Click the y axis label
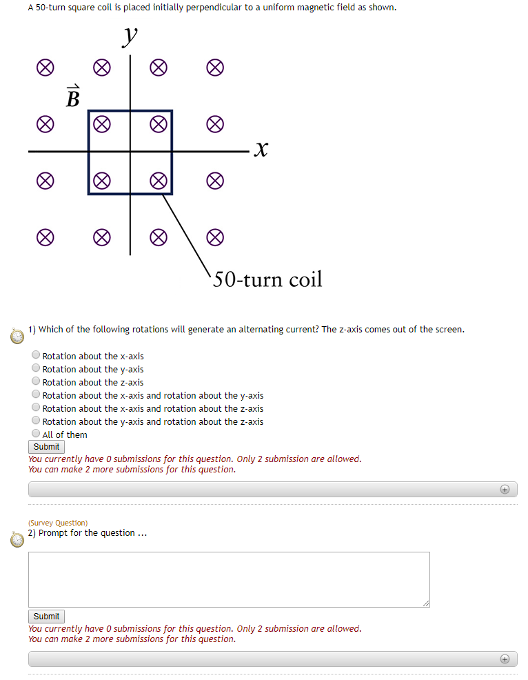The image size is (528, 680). point(129,37)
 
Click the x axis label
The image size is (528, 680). point(261,149)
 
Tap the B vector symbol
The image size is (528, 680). point(72,97)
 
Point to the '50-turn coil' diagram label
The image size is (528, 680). point(267,279)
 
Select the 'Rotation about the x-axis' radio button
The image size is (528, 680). point(36,355)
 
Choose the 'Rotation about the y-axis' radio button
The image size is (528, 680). point(36,368)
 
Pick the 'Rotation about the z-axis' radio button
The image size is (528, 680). point(36,381)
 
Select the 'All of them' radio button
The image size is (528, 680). point(36,434)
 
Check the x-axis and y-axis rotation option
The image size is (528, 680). point(36,394)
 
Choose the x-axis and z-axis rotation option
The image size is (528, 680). point(36,408)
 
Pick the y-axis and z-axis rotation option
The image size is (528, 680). point(36,421)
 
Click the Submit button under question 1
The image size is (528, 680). point(46,447)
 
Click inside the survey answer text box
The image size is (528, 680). point(229,579)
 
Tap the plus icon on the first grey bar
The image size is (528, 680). point(505,489)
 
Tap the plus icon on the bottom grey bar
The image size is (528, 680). point(505,659)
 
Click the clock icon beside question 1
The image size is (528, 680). point(17,335)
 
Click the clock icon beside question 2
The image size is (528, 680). point(17,539)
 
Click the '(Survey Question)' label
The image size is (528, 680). point(58,523)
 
